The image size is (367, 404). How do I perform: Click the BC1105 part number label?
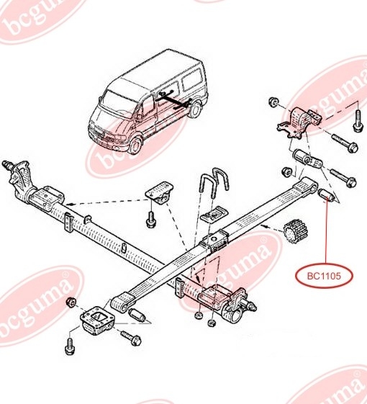pos(324,277)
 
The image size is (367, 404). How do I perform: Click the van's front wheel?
pos(135,145)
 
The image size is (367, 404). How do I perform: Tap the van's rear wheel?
pos(195,109)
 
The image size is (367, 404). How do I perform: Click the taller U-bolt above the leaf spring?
pos(221,179)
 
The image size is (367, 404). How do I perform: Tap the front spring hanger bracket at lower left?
pos(97,320)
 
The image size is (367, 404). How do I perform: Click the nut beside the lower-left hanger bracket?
pos(71,302)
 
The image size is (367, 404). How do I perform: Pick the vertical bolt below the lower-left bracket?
pos(70,346)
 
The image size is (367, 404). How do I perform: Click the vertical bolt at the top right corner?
pos(358,121)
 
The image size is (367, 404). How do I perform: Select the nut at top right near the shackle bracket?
pos(273,102)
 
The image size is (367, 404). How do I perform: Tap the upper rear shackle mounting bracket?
pos(299,122)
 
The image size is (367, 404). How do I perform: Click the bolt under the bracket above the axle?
pos(150,219)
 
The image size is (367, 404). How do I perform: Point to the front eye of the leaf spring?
pos(122,303)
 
